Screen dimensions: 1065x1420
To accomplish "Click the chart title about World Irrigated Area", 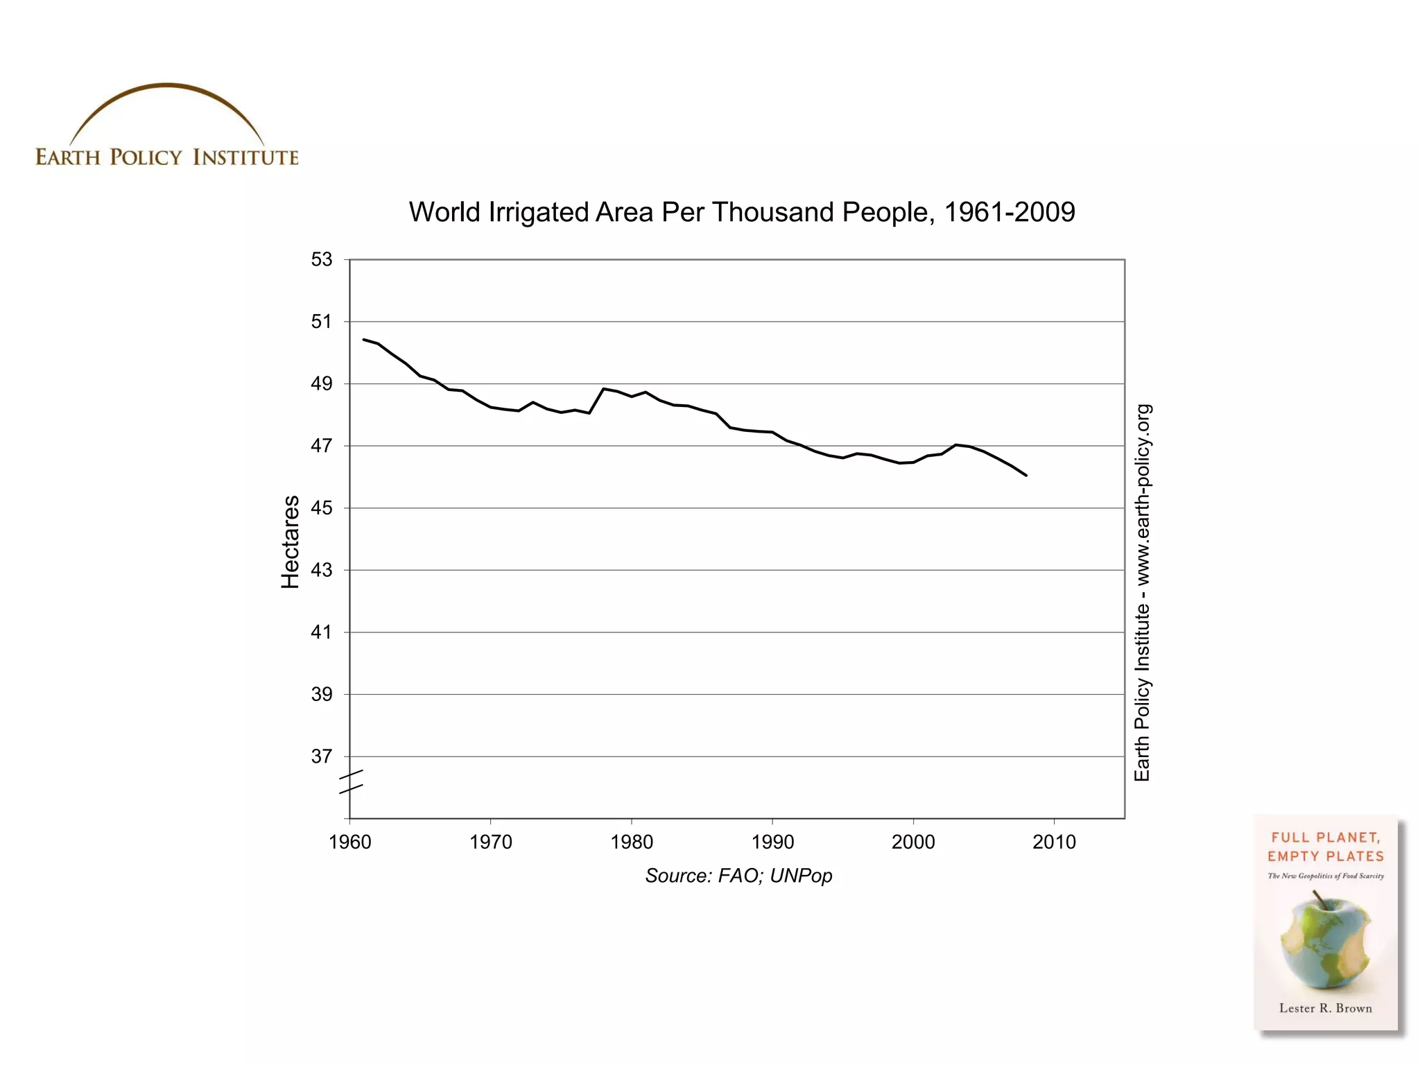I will pyautogui.click(x=741, y=212).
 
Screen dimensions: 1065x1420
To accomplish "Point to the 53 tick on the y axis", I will pyautogui.click(x=322, y=259).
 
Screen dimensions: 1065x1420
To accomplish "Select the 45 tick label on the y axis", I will pyautogui.click(x=322, y=508).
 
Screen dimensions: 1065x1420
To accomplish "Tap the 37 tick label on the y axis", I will pyautogui.click(x=322, y=756).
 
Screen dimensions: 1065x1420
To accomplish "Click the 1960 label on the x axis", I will pyautogui.click(x=350, y=842).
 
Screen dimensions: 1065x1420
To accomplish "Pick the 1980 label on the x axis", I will pyautogui.click(x=632, y=842).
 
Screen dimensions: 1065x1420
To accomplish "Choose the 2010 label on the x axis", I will pyautogui.click(x=1054, y=842).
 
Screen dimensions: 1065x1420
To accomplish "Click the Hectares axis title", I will pyautogui.click(x=291, y=542).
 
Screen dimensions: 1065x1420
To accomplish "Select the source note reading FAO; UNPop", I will pyautogui.click(x=738, y=876).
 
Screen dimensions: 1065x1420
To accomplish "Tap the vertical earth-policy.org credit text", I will pyautogui.click(x=1142, y=593).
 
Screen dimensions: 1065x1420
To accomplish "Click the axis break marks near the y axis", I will pyautogui.click(x=351, y=782).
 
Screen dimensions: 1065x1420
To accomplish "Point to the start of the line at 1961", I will pyautogui.click(x=364, y=340).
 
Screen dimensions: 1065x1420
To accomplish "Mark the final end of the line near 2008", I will pyautogui.click(x=1025, y=475).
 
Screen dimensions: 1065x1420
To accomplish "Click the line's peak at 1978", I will pyautogui.click(x=604, y=389).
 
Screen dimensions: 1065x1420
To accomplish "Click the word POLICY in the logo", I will pyautogui.click(x=146, y=157).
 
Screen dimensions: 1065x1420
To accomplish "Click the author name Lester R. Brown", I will pyautogui.click(x=1325, y=1008).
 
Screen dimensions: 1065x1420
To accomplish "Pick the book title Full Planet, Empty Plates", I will pyautogui.click(x=1325, y=847).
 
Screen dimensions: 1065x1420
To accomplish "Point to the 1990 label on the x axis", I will pyautogui.click(x=772, y=842).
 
